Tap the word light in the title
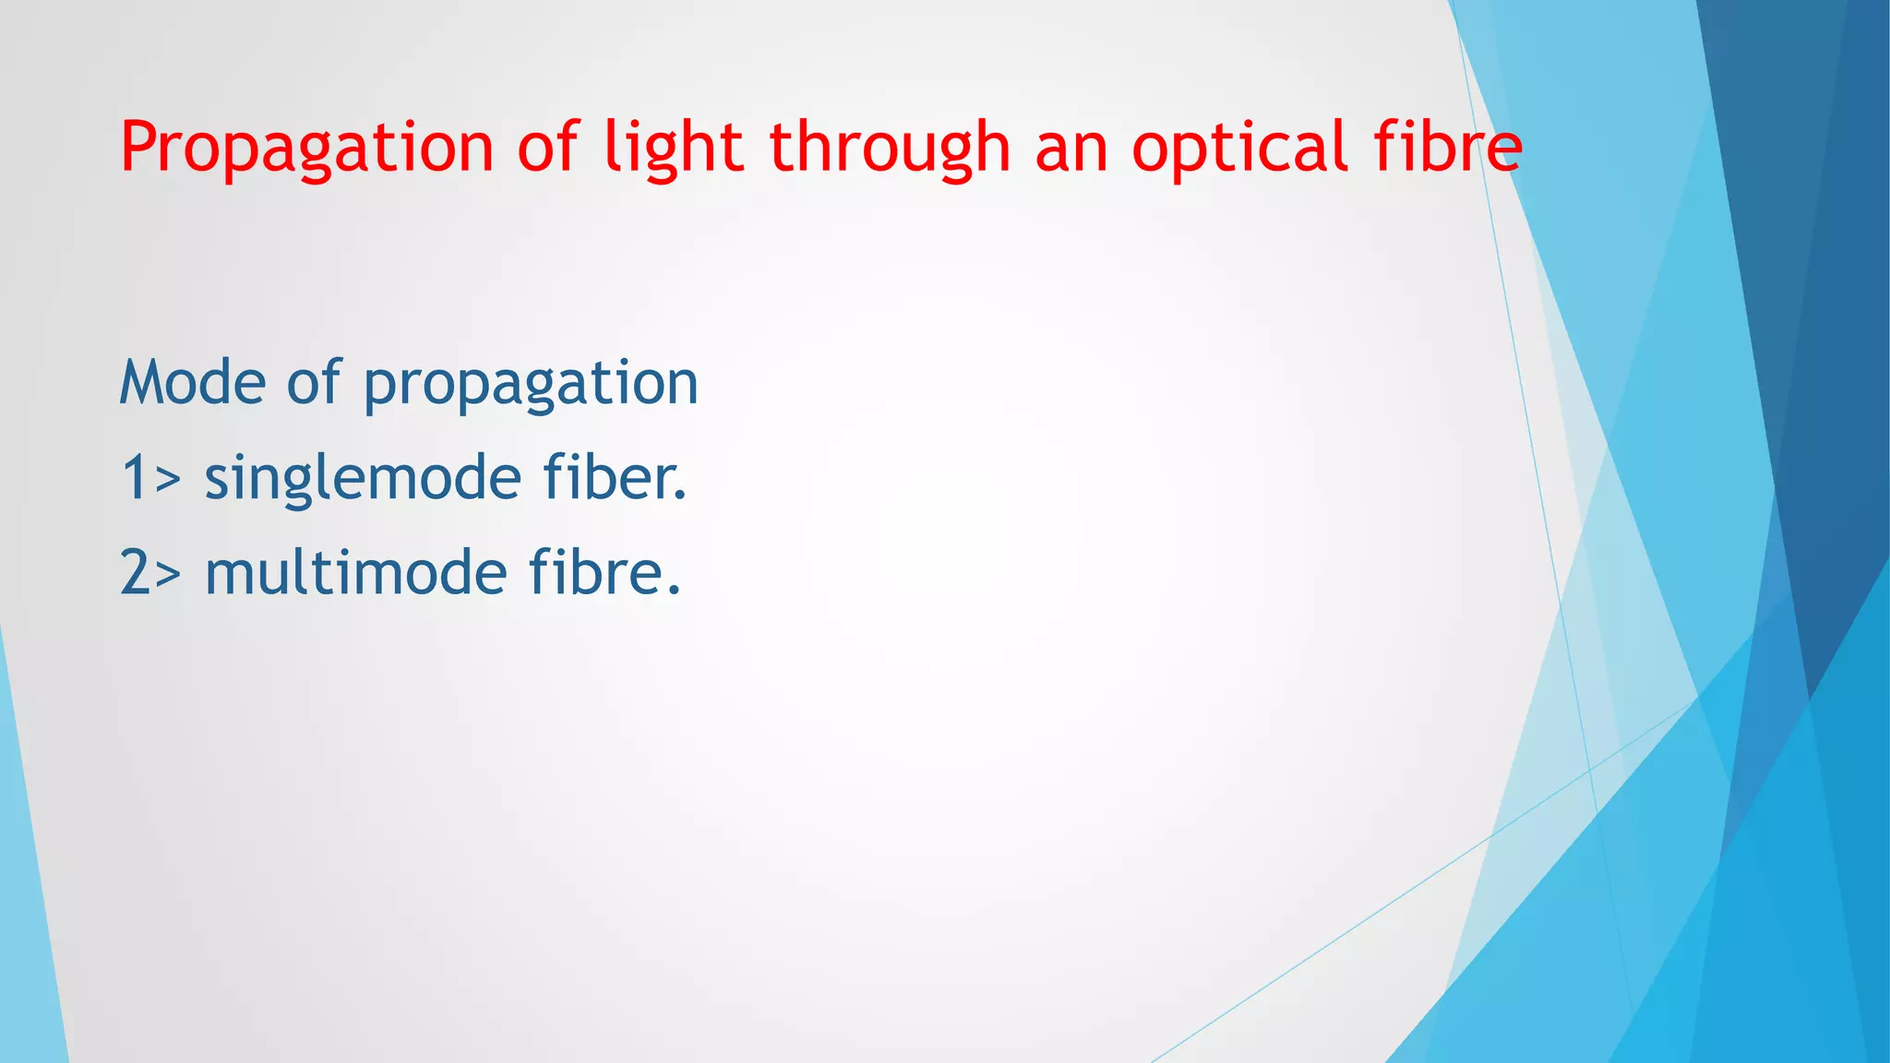click(x=673, y=148)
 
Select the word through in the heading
click(x=890, y=148)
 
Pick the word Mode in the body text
click(x=193, y=382)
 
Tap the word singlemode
click(x=363, y=479)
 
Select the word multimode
click(x=355, y=572)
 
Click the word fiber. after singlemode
click(x=615, y=477)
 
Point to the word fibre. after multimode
click(x=604, y=572)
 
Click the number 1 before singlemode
click(x=134, y=478)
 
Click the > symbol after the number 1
click(x=168, y=481)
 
